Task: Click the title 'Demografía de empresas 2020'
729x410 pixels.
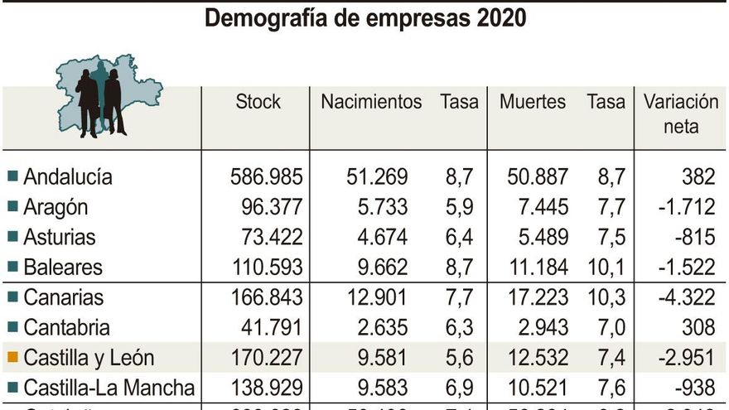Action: point(364,18)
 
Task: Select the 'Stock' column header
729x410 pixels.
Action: point(258,102)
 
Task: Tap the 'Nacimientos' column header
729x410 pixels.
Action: point(371,102)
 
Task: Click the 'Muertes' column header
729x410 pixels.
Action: point(533,102)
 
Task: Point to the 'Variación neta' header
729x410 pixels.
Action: point(681,114)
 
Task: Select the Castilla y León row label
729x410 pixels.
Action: point(89,358)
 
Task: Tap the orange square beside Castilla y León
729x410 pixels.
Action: point(12,358)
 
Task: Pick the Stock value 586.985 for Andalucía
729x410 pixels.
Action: point(266,176)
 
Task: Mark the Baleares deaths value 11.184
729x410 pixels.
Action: point(533,267)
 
